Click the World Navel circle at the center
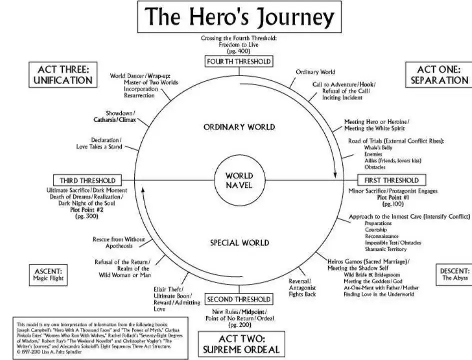[239, 180]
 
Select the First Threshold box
[391, 180]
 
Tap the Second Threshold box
[239, 299]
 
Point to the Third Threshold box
[87, 180]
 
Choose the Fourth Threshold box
[239, 61]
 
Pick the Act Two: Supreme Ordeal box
[241, 344]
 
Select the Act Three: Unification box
[63, 74]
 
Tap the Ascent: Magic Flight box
[48, 274]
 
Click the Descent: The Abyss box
[454, 274]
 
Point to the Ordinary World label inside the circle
[239, 126]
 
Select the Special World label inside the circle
[239, 243]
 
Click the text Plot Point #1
[393, 197]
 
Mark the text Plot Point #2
[87, 210]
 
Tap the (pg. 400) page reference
[239, 51]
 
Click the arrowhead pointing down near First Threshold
[335, 175]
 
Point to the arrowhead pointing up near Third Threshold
[142, 188]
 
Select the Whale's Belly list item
[378, 148]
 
